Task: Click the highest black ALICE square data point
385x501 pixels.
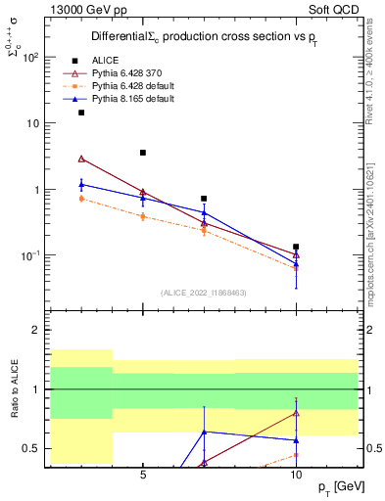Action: click(81, 113)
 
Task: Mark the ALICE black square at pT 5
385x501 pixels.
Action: click(143, 153)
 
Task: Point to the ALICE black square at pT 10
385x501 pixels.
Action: click(296, 247)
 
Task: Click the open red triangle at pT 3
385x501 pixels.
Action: click(81, 159)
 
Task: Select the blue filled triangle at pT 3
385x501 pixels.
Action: click(81, 184)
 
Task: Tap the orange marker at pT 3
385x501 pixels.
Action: click(81, 199)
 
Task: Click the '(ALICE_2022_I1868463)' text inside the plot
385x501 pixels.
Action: click(204, 292)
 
